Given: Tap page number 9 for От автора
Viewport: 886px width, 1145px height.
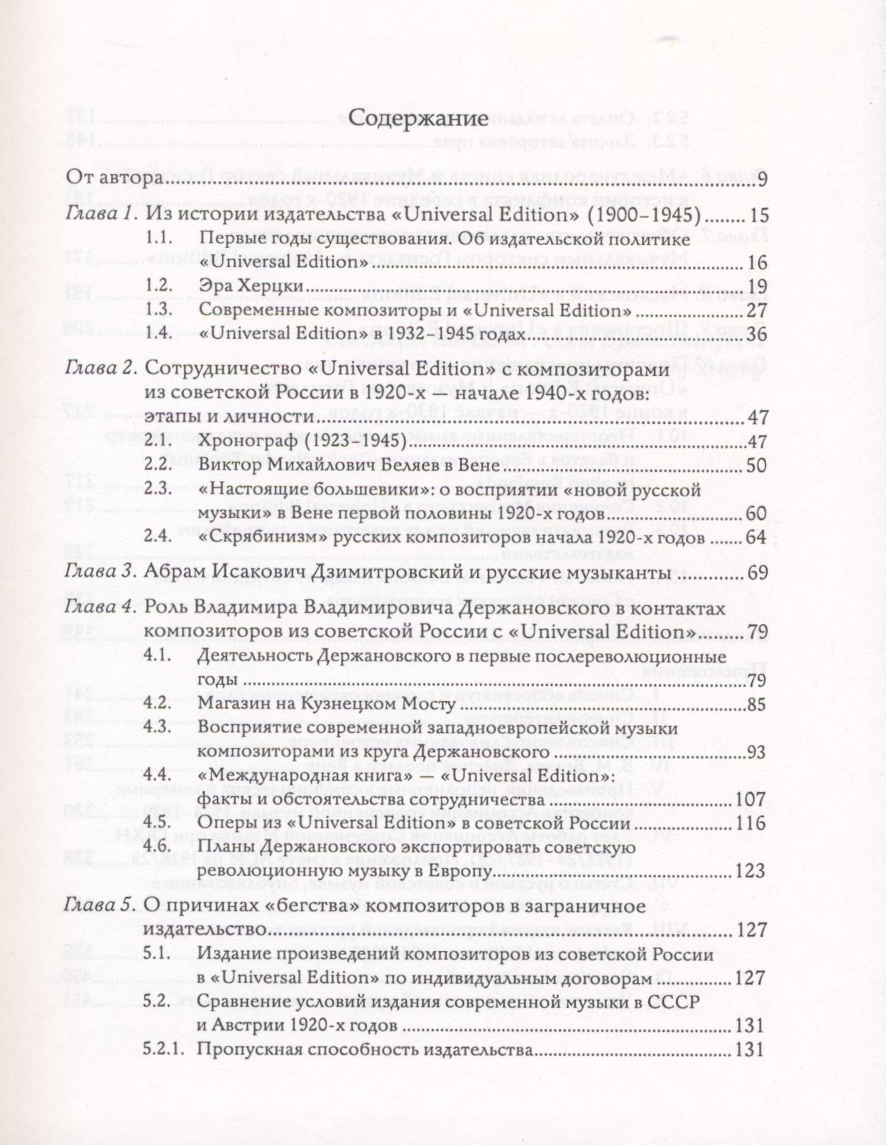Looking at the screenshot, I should (762, 179).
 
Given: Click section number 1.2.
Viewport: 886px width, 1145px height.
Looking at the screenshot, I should (158, 286).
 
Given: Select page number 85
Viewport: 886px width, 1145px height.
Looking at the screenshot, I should (756, 705).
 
